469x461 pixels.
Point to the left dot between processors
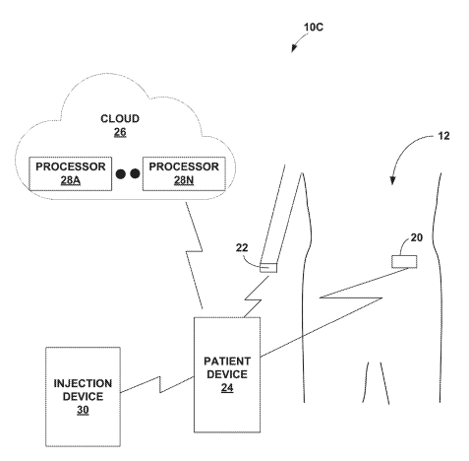(x=121, y=173)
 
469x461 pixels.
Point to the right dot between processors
(x=136, y=173)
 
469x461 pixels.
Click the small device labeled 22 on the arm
(x=269, y=266)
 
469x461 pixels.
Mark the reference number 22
(x=242, y=249)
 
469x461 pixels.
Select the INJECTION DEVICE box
(x=82, y=395)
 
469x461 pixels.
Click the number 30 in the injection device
(x=82, y=410)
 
